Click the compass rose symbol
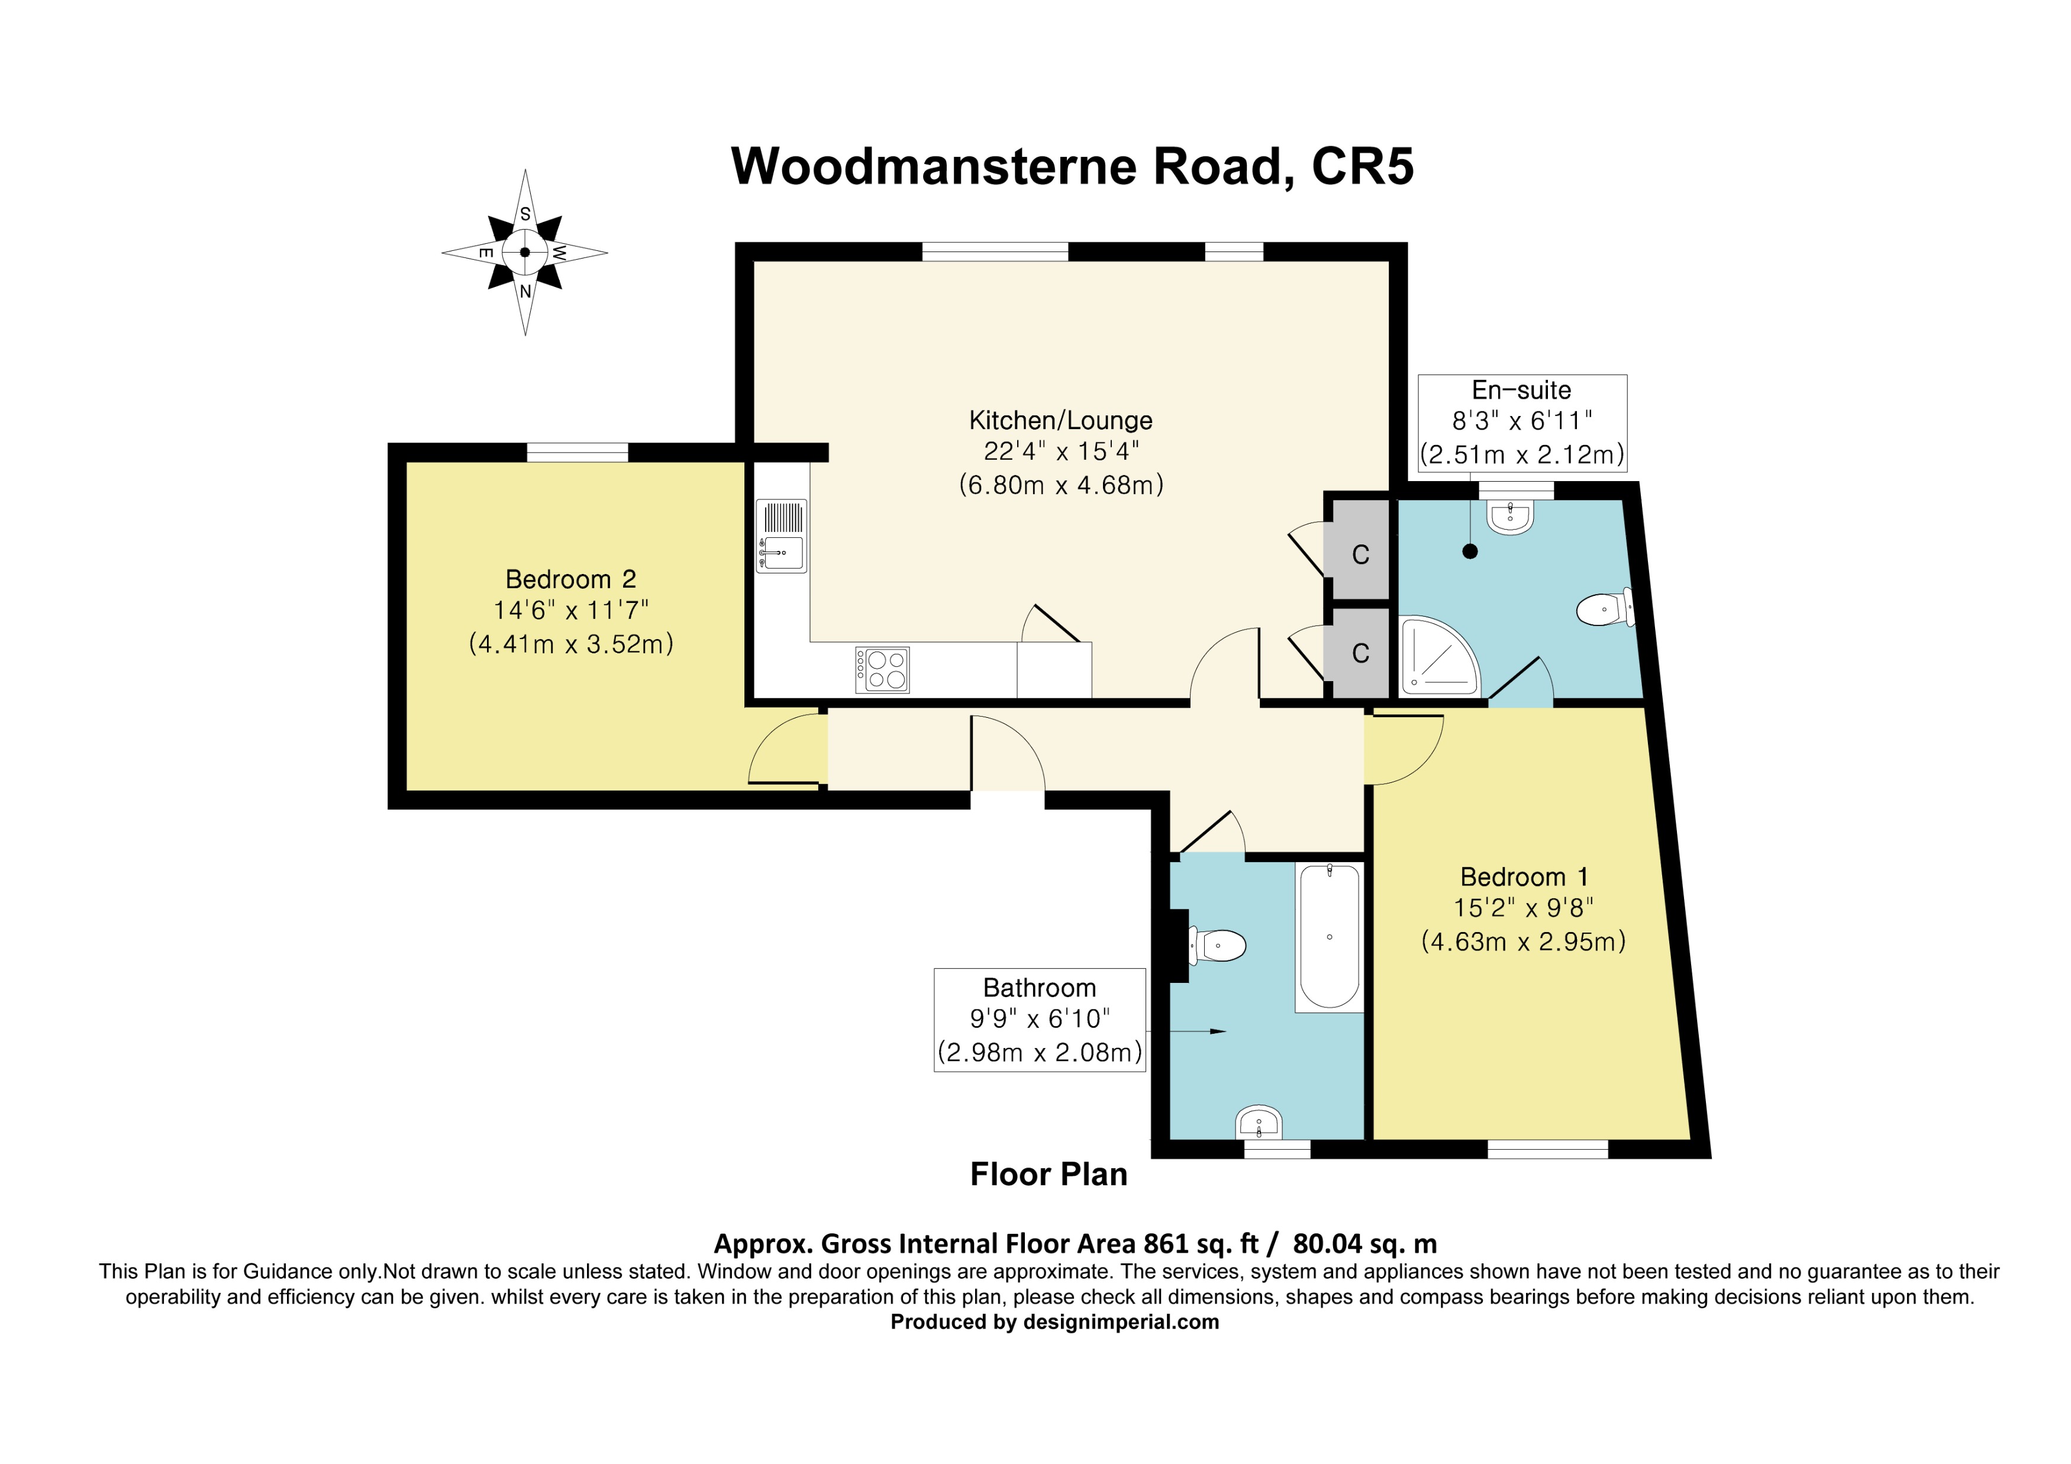(x=525, y=253)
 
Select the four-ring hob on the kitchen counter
(x=882, y=669)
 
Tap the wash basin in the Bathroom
(x=1259, y=1123)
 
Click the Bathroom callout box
(x=1039, y=1020)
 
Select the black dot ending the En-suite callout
(x=1470, y=551)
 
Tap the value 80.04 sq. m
(x=1364, y=1244)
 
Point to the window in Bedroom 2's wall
(x=578, y=452)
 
